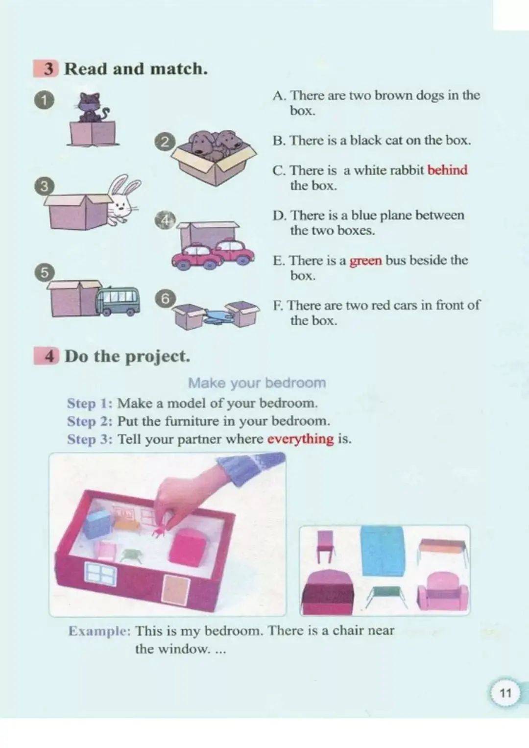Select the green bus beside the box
(x=118, y=301)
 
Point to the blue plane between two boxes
(x=217, y=315)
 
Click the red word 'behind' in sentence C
(x=447, y=170)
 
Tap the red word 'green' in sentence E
(x=366, y=261)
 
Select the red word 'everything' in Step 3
(x=301, y=439)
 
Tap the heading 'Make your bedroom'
(x=257, y=383)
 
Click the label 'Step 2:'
(x=90, y=421)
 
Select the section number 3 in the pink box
(x=49, y=69)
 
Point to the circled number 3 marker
(x=43, y=186)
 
